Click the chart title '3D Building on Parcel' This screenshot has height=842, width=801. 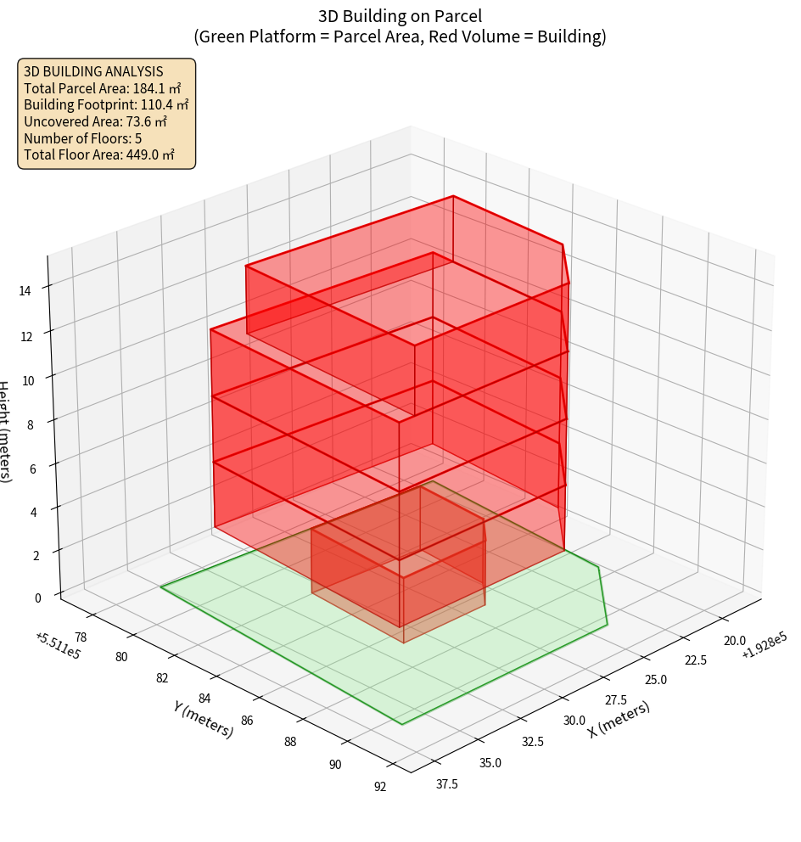[x=400, y=15]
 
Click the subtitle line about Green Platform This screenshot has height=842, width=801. [x=400, y=36]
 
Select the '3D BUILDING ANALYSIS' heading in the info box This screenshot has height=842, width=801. [x=93, y=71]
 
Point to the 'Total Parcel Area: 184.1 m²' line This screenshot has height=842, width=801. [x=103, y=88]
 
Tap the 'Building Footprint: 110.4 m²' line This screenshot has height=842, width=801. [x=106, y=104]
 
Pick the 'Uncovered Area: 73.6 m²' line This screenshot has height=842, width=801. [x=95, y=121]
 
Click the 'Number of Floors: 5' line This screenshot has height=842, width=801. [x=83, y=138]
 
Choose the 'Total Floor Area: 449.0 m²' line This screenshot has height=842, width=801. [x=99, y=154]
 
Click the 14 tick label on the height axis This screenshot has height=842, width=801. [x=25, y=290]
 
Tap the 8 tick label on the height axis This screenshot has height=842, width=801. [x=30, y=424]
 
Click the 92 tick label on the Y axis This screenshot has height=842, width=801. [x=379, y=786]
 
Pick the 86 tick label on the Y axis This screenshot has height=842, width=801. [x=247, y=721]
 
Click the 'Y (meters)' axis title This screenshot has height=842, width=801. [x=203, y=719]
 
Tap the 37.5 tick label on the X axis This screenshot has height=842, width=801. [x=446, y=783]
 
